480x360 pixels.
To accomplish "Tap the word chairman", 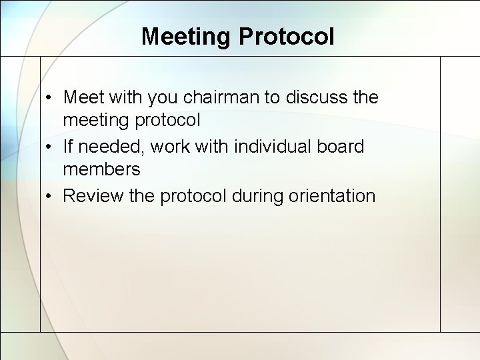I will pos(220,97).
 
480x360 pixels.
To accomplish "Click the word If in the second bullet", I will pos(69,146).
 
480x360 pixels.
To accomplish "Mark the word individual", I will pos(267,146).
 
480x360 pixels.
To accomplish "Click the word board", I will pos(341,146).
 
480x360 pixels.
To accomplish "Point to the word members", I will pos(101,169).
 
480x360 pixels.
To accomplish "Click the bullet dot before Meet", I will pos(51,98).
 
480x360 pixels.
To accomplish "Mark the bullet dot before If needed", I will pos(51,147).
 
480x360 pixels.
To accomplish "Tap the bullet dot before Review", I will pos(51,197).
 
